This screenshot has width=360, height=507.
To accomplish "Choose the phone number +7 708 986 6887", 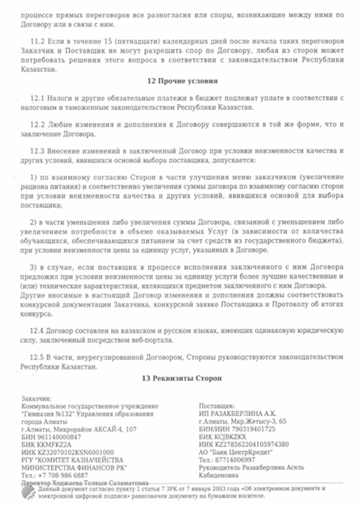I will coord(62,475).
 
